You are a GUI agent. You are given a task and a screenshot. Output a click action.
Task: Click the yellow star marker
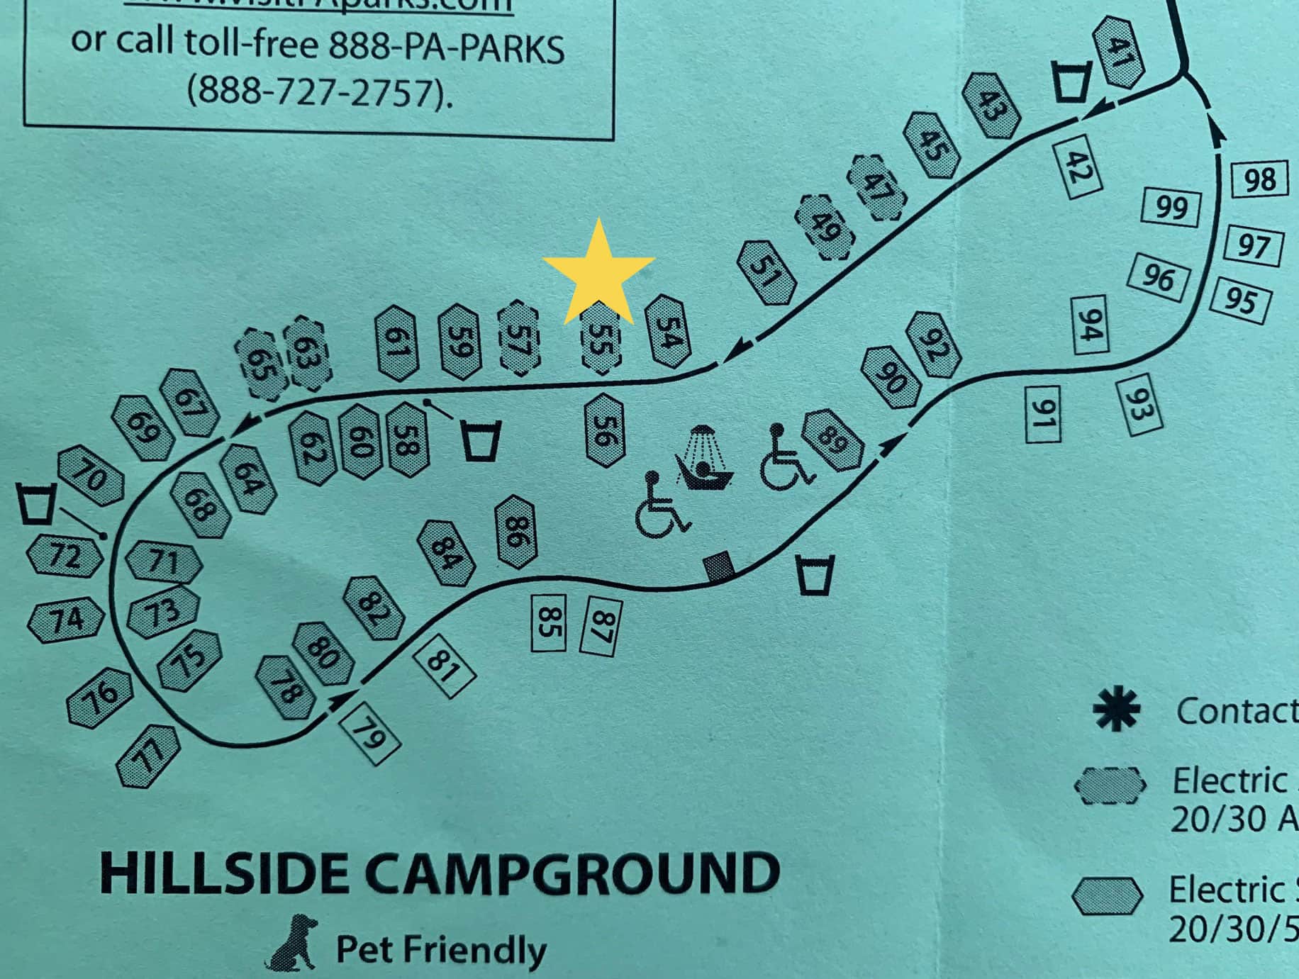click(x=598, y=275)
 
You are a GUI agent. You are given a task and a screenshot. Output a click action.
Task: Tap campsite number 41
click(x=1119, y=52)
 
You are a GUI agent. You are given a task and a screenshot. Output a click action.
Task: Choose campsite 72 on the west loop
click(x=65, y=555)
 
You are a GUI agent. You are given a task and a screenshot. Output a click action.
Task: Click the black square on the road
click(x=720, y=566)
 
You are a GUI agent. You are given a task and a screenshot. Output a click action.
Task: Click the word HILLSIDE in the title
click(x=225, y=873)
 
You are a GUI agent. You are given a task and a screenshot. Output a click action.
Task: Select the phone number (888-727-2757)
click(x=318, y=93)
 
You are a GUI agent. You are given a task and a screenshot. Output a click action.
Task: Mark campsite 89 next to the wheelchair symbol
click(x=832, y=440)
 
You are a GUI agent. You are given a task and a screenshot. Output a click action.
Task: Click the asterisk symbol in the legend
click(x=1115, y=710)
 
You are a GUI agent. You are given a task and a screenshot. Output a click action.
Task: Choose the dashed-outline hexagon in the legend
click(x=1110, y=785)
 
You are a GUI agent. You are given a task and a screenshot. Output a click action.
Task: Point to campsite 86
click(x=515, y=532)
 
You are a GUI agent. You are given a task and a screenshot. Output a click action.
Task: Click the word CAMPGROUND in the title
click(x=574, y=873)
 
